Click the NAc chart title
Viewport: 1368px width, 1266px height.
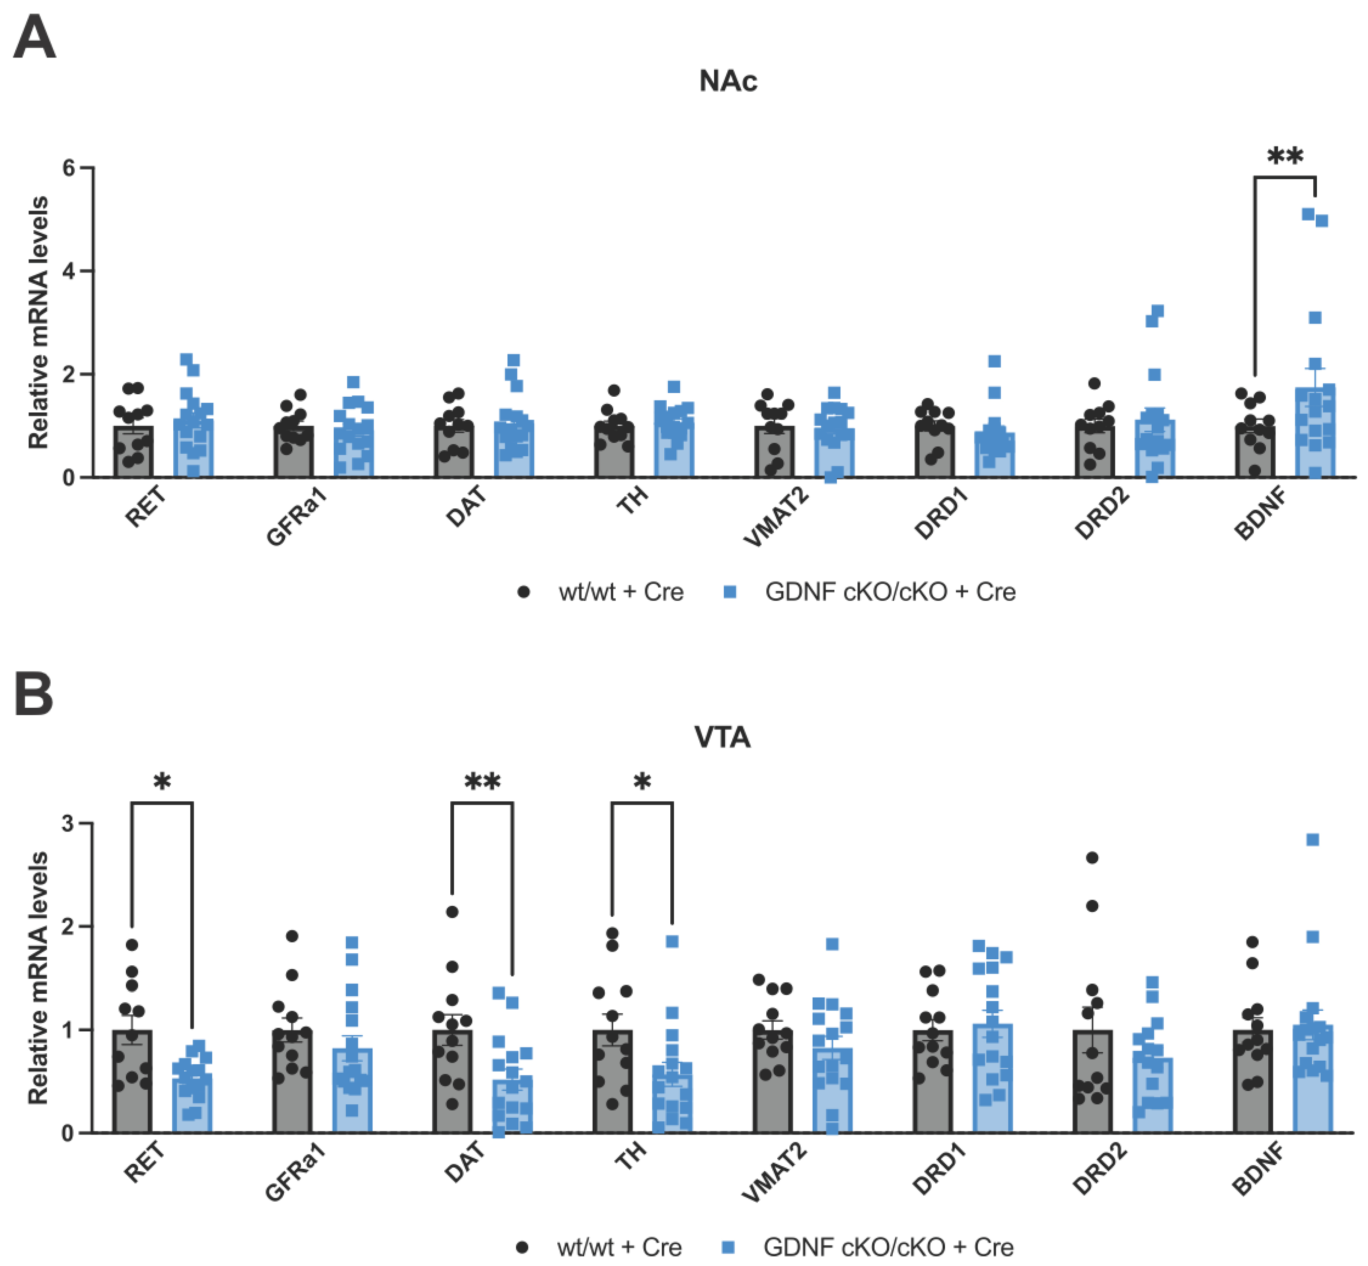pyautogui.click(x=728, y=81)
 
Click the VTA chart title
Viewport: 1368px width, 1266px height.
pyautogui.click(x=722, y=737)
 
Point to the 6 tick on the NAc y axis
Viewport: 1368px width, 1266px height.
pyautogui.click(x=68, y=168)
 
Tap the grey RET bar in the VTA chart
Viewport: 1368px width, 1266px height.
pyautogui.click(x=132, y=1089)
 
